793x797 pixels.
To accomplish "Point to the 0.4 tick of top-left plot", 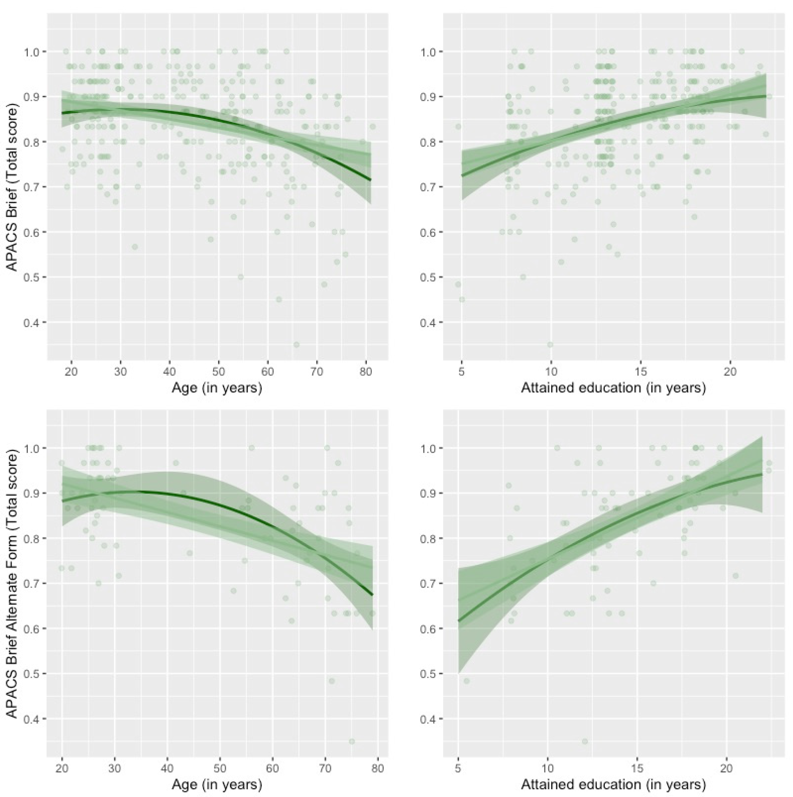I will click(35, 322).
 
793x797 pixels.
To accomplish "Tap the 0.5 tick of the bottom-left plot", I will click(35, 674).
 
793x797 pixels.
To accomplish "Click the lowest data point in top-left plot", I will click(296, 345).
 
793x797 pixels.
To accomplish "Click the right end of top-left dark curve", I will click(371, 180).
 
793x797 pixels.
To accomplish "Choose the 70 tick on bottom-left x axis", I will click(325, 768).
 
